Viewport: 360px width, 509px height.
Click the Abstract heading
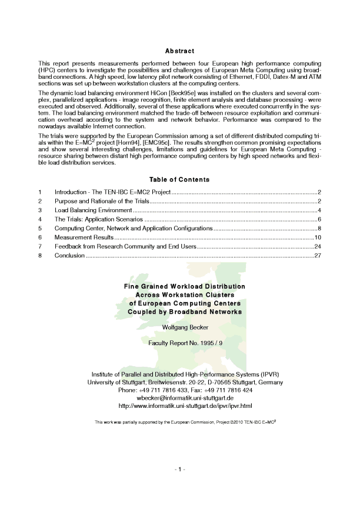click(179, 52)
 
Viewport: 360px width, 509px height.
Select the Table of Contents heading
click(179, 179)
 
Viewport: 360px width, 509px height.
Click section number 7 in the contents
click(39, 246)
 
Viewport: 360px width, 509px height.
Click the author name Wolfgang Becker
click(180, 327)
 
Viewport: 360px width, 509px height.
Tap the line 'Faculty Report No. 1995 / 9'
click(180, 342)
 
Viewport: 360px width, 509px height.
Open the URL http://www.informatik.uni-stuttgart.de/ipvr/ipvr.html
click(180, 406)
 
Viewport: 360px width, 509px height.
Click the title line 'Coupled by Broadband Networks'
click(180, 312)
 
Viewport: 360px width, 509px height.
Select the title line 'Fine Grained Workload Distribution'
click(180, 286)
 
